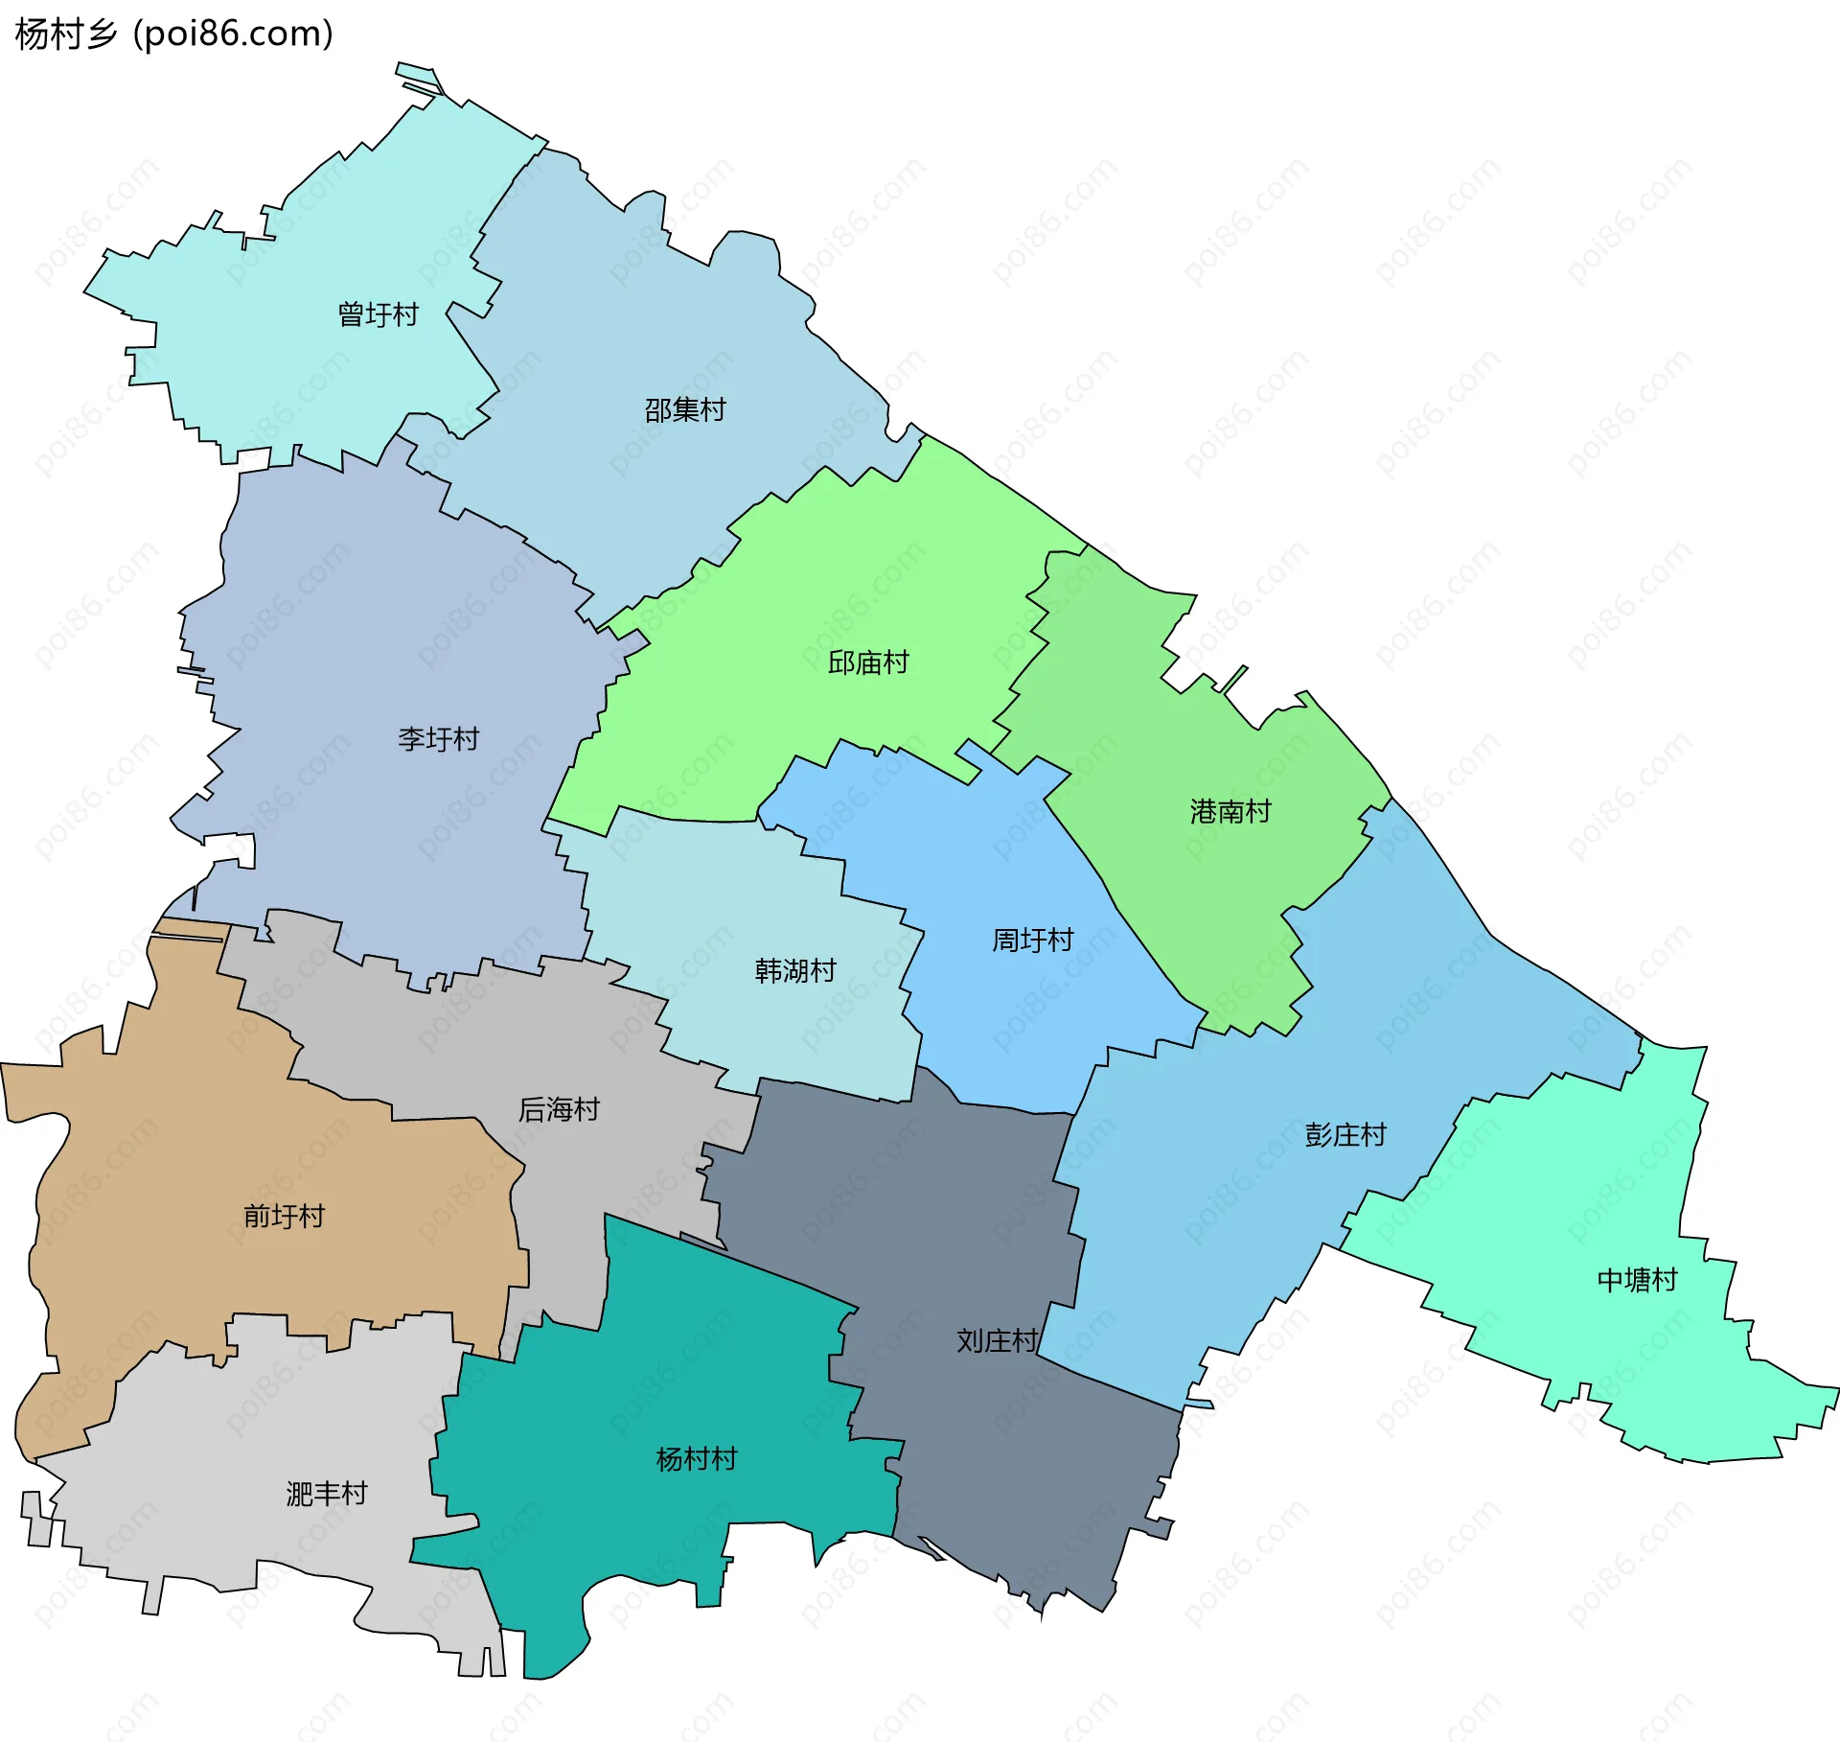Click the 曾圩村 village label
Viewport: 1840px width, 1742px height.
(378, 314)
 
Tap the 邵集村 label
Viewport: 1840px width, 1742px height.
(684, 410)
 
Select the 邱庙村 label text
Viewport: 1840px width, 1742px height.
(867, 662)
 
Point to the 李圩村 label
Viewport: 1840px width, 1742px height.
(438, 739)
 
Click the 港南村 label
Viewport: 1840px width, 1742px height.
(1230, 812)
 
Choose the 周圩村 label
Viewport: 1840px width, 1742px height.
(1032, 941)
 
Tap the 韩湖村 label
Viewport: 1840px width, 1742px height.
(794, 971)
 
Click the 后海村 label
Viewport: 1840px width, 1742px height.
(559, 1109)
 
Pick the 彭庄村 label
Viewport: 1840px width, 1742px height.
(1345, 1135)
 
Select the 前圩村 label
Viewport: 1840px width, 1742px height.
(284, 1217)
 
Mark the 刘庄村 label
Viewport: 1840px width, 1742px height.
(997, 1341)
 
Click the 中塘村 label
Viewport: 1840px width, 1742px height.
(1637, 1280)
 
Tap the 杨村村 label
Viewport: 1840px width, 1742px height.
(696, 1459)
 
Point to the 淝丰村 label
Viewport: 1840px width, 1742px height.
(326, 1494)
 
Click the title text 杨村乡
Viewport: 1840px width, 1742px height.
(65, 34)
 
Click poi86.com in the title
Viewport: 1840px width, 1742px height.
(233, 34)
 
